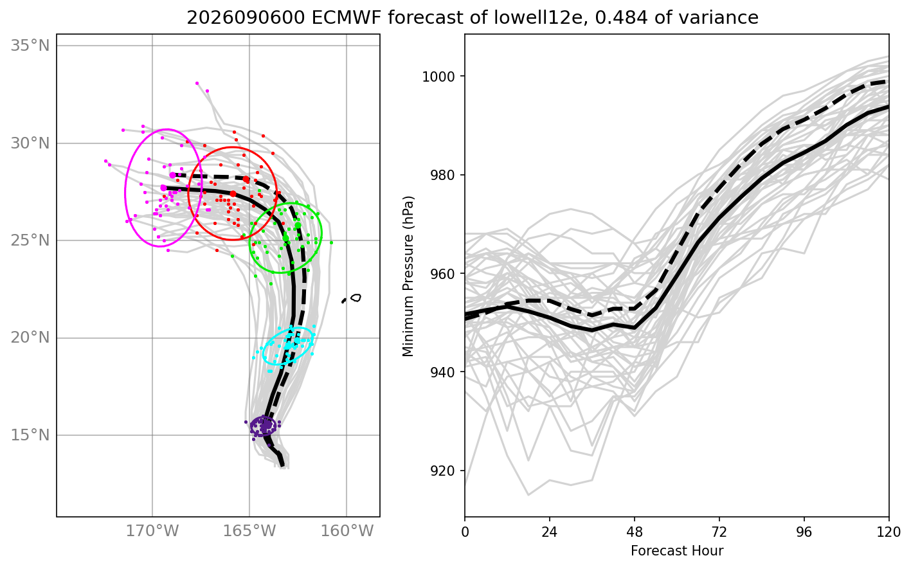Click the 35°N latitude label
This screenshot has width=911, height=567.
[30, 46]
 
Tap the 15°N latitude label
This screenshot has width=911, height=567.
[30, 435]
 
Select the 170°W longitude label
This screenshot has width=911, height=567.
[152, 531]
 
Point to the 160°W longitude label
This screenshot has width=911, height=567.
[347, 531]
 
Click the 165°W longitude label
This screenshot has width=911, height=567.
[249, 531]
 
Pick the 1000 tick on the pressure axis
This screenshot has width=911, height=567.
[440, 76]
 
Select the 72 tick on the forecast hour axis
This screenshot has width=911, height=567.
[719, 532]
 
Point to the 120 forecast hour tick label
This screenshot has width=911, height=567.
[888, 532]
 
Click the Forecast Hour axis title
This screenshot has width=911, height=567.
[677, 551]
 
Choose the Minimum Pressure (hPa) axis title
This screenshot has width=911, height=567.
[408, 276]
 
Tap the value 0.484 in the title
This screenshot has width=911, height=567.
[621, 18]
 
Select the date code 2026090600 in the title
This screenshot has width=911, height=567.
[246, 18]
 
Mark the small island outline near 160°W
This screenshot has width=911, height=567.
[356, 298]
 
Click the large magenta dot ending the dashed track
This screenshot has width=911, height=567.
[172, 175]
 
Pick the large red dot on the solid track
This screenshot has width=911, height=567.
[233, 194]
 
